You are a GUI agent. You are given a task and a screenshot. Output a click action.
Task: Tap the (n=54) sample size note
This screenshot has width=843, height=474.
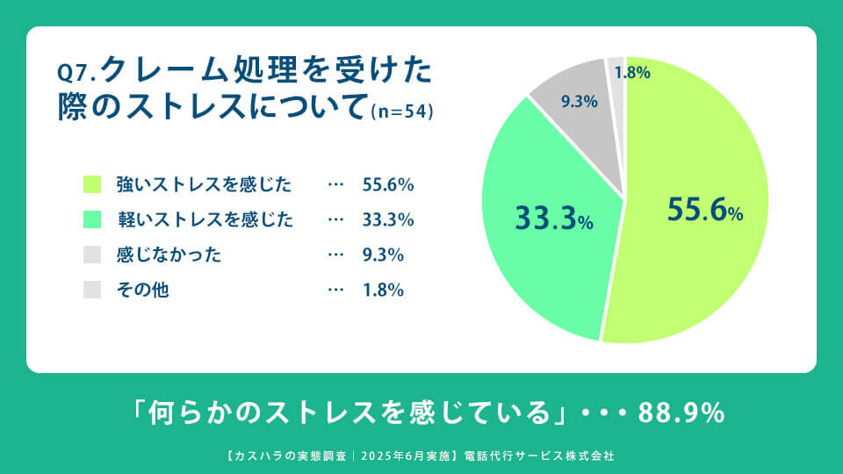(402, 112)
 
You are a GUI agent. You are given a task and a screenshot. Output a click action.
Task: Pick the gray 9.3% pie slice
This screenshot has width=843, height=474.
(575, 114)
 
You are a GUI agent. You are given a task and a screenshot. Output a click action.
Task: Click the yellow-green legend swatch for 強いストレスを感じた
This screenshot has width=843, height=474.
(92, 184)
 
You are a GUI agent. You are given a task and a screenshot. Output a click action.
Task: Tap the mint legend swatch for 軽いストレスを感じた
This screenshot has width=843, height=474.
(92, 219)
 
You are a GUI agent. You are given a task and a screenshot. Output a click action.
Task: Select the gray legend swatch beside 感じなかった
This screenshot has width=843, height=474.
(92, 255)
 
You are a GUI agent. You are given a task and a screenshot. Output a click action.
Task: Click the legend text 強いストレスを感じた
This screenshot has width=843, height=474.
(204, 185)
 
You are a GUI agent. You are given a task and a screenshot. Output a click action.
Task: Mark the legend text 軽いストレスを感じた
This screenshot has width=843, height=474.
(204, 219)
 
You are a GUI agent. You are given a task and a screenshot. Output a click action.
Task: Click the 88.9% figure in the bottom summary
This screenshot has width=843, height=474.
(681, 413)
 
